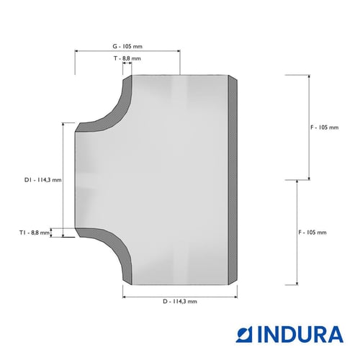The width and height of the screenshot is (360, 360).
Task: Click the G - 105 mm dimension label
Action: (127, 46)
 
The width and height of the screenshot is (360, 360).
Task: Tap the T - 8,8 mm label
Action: (127, 58)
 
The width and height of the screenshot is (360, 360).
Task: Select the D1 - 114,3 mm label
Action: (43, 180)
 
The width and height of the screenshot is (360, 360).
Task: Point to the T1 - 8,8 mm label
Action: (35, 233)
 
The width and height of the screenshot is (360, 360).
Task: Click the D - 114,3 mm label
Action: (180, 302)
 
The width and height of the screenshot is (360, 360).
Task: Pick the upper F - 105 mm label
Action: (325, 127)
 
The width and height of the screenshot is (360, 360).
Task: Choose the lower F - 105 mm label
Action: (312, 233)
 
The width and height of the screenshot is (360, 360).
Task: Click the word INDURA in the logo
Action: (300, 334)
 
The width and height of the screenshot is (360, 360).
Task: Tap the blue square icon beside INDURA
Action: (244, 334)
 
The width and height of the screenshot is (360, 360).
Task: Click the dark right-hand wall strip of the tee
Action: (233, 180)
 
